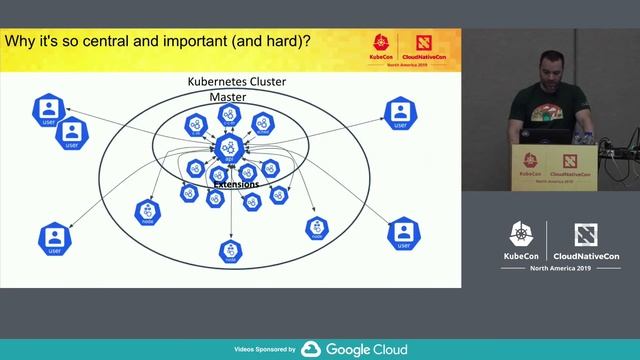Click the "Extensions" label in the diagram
point(236,184)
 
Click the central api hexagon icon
point(229,148)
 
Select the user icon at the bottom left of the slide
point(55,239)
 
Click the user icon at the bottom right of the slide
point(402,234)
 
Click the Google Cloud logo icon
point(311,349)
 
